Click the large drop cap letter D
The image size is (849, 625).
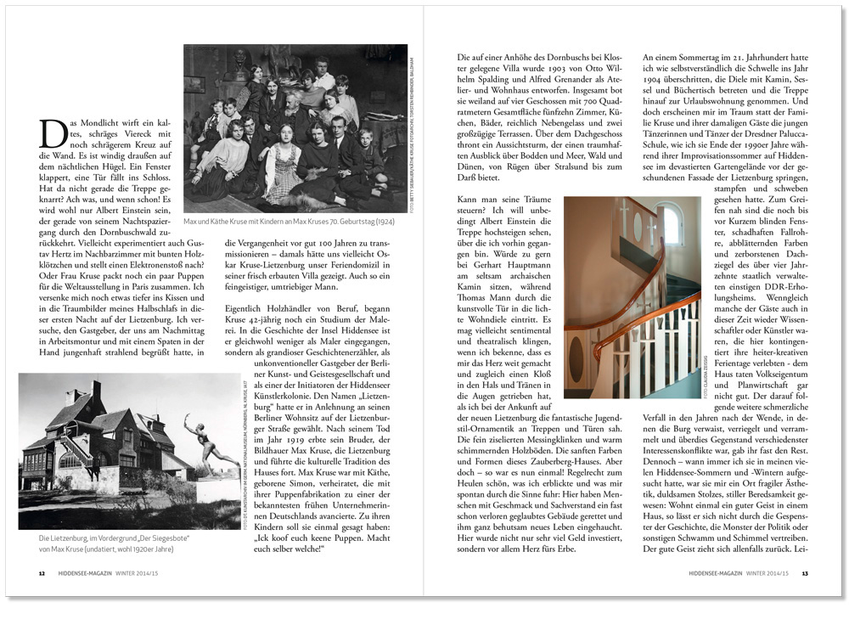click(x=52, y=135)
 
